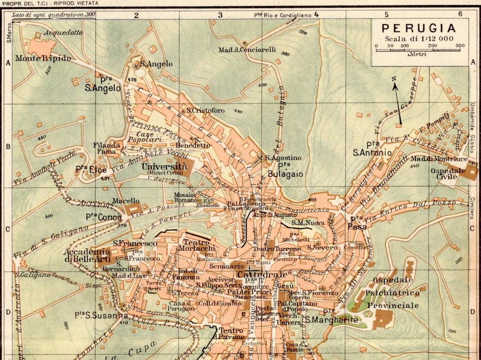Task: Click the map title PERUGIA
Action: pos(419,29)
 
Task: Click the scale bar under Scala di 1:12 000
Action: pos(420,50)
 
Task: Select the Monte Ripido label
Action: pos(43,58)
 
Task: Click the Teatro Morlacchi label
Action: pos(196,245)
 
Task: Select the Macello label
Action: pos(126,201)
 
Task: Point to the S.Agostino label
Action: pos(283,158)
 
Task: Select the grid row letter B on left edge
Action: pos(8,146)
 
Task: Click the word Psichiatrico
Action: pos(392,293)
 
